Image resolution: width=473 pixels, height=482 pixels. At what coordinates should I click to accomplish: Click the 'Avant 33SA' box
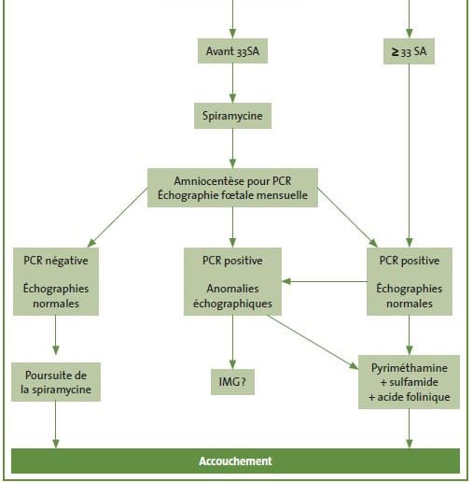click(232, 51)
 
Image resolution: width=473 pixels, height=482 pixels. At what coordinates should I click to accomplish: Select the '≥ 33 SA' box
click(409, 51)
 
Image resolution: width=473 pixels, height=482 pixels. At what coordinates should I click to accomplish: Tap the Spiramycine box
click(232, 116)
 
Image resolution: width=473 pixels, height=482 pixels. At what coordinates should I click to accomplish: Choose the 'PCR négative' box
click(56, 281)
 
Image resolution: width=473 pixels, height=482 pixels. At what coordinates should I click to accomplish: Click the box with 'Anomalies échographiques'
click(232, 281)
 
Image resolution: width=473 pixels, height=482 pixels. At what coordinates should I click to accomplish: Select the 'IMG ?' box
click(232, 382)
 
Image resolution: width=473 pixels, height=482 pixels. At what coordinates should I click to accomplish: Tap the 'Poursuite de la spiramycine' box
click(56, 382)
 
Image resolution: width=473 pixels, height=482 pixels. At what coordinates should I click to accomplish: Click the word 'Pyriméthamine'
click(410, 368)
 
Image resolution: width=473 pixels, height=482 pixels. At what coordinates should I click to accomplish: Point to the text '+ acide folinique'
click(410, 397)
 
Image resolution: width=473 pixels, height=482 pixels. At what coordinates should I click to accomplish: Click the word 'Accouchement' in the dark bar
click(235, 461)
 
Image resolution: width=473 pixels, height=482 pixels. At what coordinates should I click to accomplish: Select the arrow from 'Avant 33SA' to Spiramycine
click(232, 83)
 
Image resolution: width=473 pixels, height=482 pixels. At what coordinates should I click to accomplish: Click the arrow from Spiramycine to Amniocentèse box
click(232, 149)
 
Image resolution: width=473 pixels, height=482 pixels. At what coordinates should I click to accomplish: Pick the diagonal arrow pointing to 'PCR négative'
click(118, 218)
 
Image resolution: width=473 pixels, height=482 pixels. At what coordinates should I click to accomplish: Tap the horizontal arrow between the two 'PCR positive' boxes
click(325, 281)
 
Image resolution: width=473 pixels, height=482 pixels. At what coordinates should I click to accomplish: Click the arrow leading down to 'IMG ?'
click(232, 342)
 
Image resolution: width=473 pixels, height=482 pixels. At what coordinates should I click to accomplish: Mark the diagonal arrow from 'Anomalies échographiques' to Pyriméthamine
click(313, 342)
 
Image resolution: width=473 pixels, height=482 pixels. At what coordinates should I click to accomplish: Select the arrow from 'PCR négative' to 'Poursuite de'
click(56, 335)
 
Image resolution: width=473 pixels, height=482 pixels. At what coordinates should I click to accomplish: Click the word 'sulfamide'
click(413, 382)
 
